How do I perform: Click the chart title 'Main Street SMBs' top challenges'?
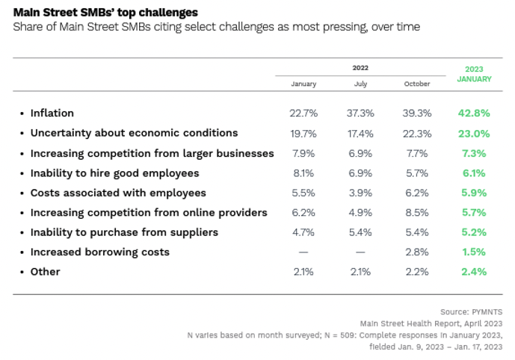(x=105, y=13)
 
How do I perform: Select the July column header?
(x=360, y=84)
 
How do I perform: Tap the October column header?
(x=417, y=84)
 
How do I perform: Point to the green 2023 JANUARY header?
(x=474, y=74)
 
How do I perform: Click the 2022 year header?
(x=360, y=68)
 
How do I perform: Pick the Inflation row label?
(x=52, y=113)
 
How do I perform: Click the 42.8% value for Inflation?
(x=474, y=113)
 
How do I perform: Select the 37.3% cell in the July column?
(x=360, y=113)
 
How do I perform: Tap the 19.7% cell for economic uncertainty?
(x=303, y=133)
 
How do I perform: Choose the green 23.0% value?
(x=474, y=133)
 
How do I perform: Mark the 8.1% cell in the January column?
(x=303, y=173)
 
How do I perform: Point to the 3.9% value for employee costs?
(x=360, y=193)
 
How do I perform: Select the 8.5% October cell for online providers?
(x=417, y=212)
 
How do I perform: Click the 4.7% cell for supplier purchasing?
(x=303, y=232)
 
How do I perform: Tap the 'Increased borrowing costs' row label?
(x=99, y=252)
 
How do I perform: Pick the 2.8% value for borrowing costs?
(x=417, y=252)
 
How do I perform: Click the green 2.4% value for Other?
(x=474, y=272)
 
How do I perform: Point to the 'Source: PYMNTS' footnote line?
(x=472, y=311)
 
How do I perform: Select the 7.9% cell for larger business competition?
(x=303, y=153)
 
